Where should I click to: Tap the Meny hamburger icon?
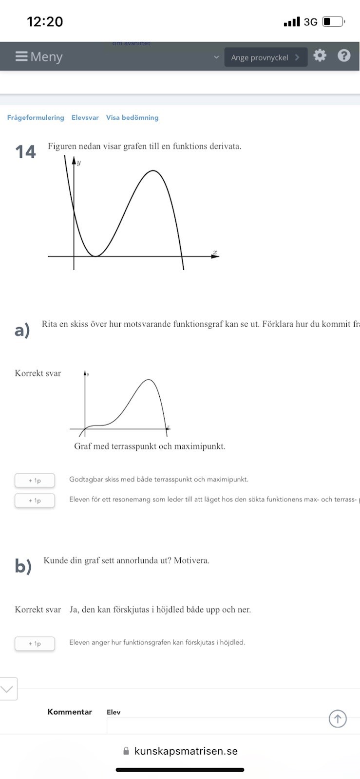pyautogui.click(x=21, y=56)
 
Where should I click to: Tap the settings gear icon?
pyautogui.click(x=320, y=56)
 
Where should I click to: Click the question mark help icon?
pyautogui.click(x=344, y=56)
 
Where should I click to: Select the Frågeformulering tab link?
pyautogui.click(x=36, y=118)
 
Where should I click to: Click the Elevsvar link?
pyautogui.click(x=85, y=118)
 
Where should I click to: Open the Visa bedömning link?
pyautogui.click(x=132, y=118)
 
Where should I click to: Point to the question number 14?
pyautogui.click(x=25, y=152)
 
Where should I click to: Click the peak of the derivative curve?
pyautogui.click(x=153, y=171)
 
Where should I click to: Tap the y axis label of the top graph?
pyautogui.click(x=79, y=163)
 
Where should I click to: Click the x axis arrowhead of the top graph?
pyautogui.click(x=215, y=256)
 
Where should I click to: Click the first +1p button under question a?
pyautogui.click(x=35, y=481)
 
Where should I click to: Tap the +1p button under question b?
pyautogui.click(x=35, y=644)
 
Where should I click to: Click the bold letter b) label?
pyautogui.click(x=23, y=566)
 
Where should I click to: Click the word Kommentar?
pyautogui.click(x=70, y=712)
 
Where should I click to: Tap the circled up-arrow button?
pyautogui.click(x=338, y=719)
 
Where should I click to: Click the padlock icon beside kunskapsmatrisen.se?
pyautogui.click(x=126, y=751)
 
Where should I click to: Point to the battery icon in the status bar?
pyautogui.click(x=333, y=22)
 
